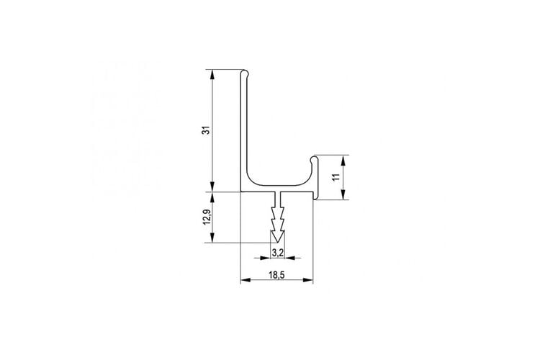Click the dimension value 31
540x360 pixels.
click(206, 130)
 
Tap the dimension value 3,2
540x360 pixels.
click(278, 253)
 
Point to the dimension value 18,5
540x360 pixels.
click(276, 275)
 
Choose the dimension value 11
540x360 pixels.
click(336, 177)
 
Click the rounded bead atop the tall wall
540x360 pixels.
click(245, 73)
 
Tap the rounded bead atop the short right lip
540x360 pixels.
click(314, 160)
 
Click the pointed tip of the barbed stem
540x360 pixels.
click(278, 242)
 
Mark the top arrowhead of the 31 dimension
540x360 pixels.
click(212, 74)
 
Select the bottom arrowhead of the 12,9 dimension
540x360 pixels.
click(212, 238)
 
